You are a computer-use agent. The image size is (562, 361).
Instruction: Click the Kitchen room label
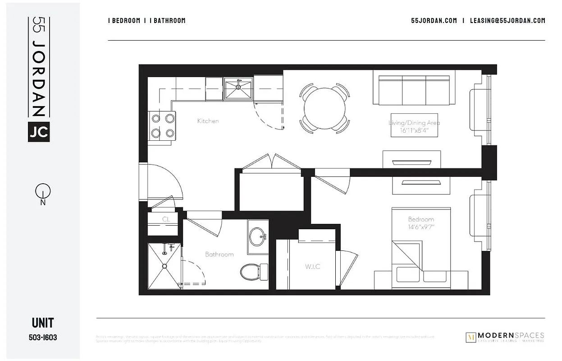pyautogui.click(x=208, y=121)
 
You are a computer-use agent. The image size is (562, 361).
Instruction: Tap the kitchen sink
pyautogui.click(x=238, y=88)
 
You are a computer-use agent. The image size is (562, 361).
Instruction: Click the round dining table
pyautogui.click(x=325, y=109)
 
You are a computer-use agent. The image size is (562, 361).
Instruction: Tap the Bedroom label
pyautogui.click(x=421, y=219)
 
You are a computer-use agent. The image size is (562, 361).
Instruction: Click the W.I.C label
pyautogui.click(x=312, y=267)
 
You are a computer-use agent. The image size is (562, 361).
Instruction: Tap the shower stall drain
pyautogui.click(x=164, y=266)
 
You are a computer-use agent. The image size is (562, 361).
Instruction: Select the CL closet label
pyautogui.click(x=165, y=219)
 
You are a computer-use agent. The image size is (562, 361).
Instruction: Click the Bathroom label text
pyautogui.click(x=219, y=255)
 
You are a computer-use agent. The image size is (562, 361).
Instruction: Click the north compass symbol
pyautogui.click(x=43, y=192)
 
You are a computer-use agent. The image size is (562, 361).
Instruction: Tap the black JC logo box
pyautogui.click(x=39, y=131)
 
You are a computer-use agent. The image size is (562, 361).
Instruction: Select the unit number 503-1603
pyautogui.click(x=43, y=337)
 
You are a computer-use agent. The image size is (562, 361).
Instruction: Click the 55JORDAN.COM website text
pyautogui.click(x=434, y=20)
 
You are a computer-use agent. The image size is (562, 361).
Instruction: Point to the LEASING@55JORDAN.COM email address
pyautogui.click(x=507, y=20)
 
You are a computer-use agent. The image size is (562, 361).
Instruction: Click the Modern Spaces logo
pyautogui.click(x=504, y=337)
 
